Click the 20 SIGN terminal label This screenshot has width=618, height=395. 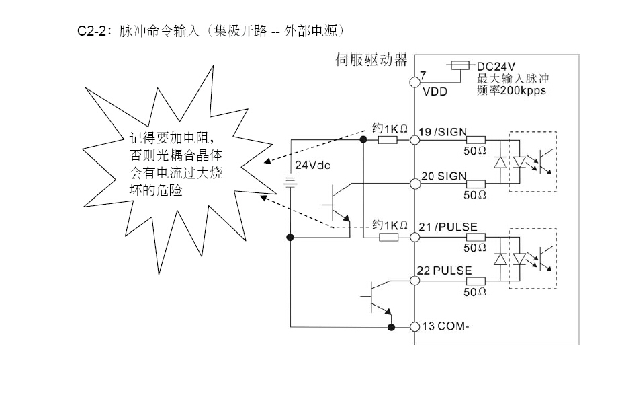coord(443,176)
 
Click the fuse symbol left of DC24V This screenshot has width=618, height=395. coord(459,66)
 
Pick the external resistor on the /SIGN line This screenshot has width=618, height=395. coord(388,139)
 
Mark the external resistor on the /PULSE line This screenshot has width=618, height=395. coord(388,237)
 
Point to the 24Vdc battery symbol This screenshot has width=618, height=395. coord(290,180)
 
